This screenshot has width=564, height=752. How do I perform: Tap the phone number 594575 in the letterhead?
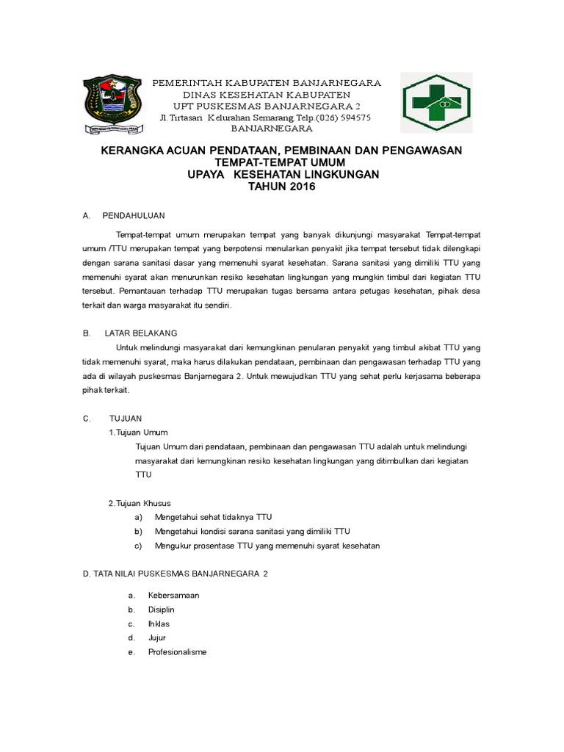(353, 117)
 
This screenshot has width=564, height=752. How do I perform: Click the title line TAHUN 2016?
(281, 187)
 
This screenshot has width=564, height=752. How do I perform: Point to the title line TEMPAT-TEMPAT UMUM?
(281, 162)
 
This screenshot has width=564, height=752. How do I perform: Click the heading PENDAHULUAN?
(134, 216)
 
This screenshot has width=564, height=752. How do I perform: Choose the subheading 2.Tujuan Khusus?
(140, 503)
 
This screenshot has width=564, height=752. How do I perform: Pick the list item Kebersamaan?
(173, 596)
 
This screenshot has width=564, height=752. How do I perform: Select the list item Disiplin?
(161, 610)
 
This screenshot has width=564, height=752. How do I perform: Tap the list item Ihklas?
(159, 623)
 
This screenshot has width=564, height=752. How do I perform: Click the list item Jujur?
(157, 637)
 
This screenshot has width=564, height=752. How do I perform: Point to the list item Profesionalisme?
(177, 651)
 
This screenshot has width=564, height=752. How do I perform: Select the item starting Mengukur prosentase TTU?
(267, 546)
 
